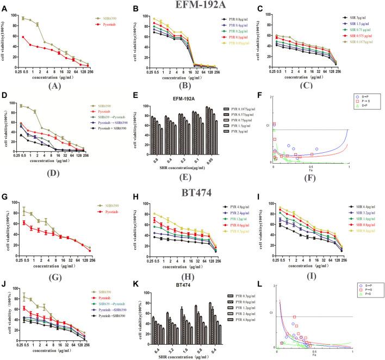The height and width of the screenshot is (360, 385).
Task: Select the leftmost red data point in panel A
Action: coord(23,37)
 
